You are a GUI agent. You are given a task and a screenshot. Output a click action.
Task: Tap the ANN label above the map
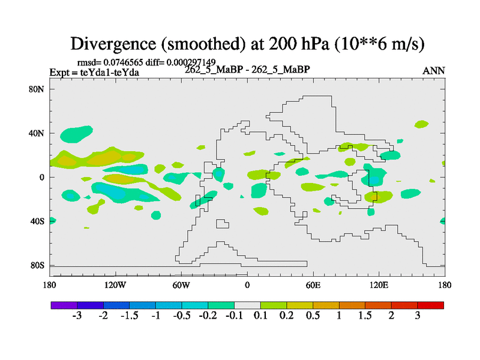point(433,71)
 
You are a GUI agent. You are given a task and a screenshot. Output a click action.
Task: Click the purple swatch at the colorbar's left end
point(64,305)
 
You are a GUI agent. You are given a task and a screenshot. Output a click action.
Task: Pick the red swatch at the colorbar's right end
point(431,305)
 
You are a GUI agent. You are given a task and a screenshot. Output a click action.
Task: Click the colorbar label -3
point(76,316)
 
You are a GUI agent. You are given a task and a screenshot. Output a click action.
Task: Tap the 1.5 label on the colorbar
point(365,316)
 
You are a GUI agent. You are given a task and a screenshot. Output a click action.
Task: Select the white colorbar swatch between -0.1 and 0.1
point(247,305)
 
